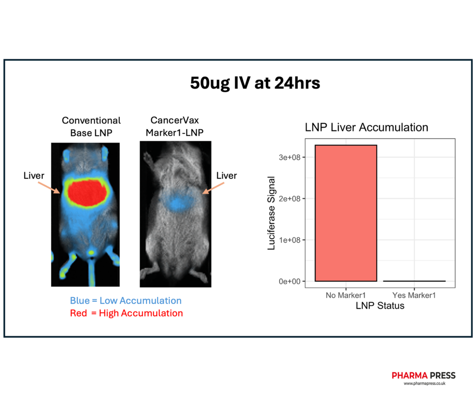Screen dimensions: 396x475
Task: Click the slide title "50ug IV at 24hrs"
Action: pos(255,83)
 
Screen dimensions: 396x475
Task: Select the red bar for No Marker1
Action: pos(346,213)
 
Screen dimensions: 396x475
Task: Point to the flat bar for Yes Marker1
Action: pos(414,281)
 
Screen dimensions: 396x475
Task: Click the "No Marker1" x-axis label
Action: pos(346,295)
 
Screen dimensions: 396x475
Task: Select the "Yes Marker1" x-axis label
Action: pos(414,295)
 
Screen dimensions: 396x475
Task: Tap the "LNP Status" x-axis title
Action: pos(380,306)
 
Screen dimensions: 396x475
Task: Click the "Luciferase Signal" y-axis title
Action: pos(272,213)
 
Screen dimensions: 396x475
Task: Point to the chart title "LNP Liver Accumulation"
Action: pos(366,127)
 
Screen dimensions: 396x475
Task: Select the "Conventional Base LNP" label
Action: pos(91,126)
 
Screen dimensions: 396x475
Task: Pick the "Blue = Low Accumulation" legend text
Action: pos(126,301)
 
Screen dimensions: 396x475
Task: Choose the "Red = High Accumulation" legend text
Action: pos(126,313)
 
